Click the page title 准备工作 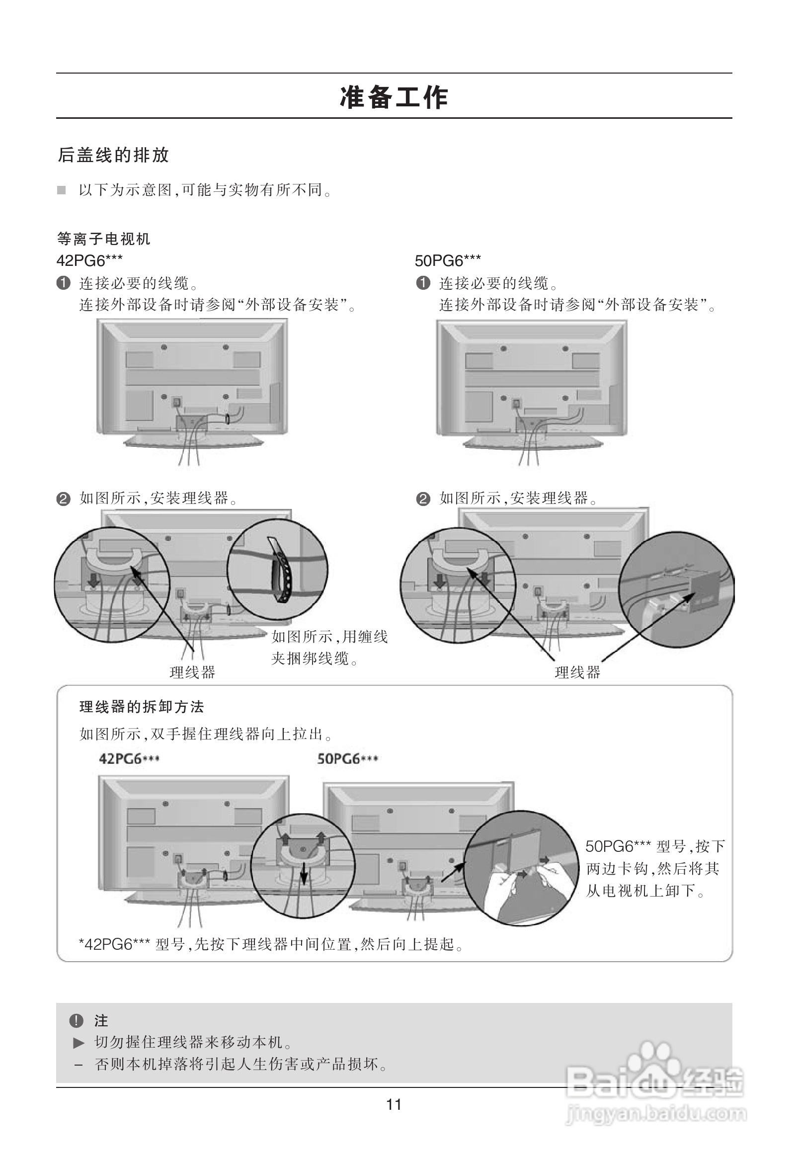[x=394, y=97]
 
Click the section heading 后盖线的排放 [x=114, y=155]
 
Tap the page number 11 [x=394, y=1105]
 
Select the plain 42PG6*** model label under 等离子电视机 [x=89, y=260]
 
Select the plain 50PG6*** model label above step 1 [x=448, y=260]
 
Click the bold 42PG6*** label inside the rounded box [x=129, y=759]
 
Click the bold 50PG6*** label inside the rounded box [x=348, y=759]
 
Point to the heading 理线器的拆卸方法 [x=142, y=707]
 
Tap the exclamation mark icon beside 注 [x=76, y=1020]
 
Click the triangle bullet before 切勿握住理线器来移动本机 [x=79, y=1042]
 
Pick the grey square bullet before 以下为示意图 [x=61, y=190]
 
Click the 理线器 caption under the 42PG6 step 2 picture [x=192, y=672]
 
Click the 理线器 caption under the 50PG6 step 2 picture [x=577, y=672]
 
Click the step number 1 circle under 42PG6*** [x=63, y=283]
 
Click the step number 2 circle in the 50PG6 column [x=423, y=499]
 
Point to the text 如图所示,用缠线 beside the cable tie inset [x=329, y=637]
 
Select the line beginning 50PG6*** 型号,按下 [x=654, y=846]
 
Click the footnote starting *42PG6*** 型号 [x=271, y=944]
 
